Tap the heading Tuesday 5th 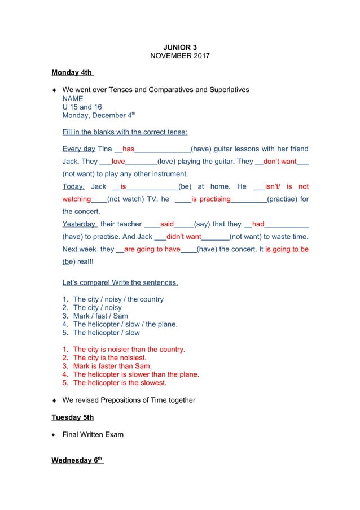coord(72,417)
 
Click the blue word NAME coord(73,98)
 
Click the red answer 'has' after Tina coord(128,149)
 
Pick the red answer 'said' coord(167,224)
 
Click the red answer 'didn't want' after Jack coord(184,237)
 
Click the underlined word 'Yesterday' coord(78,224)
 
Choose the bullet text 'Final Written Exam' coord(93,434)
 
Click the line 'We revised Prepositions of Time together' coord(129,400)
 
